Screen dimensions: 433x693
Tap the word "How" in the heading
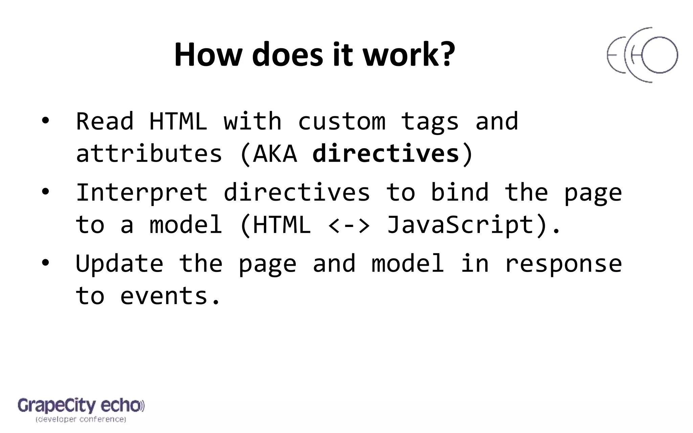[207, 55]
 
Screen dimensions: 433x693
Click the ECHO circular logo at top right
[642, 55]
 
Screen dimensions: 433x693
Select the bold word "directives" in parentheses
[386, 154]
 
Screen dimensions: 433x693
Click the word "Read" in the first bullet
[105, 121]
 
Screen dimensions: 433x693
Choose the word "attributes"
[149, 154]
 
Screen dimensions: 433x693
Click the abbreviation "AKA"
[275, 154]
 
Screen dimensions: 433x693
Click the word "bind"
[460, 192]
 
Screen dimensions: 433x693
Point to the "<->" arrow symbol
[349, 225]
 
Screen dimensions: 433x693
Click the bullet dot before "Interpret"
[45, 192]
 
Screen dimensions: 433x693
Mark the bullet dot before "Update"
[45, 263]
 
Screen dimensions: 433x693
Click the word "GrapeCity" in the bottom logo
[57, 406]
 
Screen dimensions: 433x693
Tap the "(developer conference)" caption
[81, 420]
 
